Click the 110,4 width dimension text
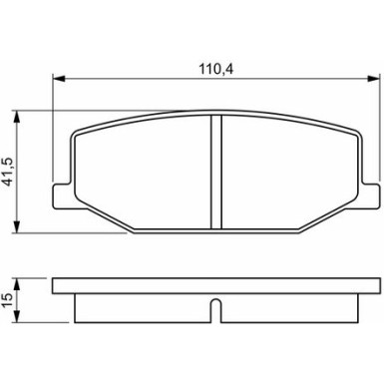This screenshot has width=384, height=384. tap(215, 70)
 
